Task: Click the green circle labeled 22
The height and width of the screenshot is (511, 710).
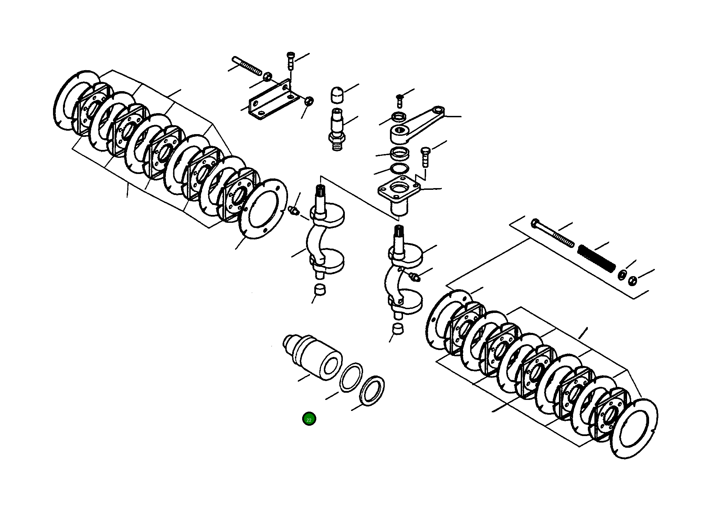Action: coord(309,419)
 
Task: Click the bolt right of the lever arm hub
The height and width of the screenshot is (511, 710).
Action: coord(425,156)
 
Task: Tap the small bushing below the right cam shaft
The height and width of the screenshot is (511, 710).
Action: coord(398,329)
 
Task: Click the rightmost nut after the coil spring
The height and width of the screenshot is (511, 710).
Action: coord(632,281)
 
